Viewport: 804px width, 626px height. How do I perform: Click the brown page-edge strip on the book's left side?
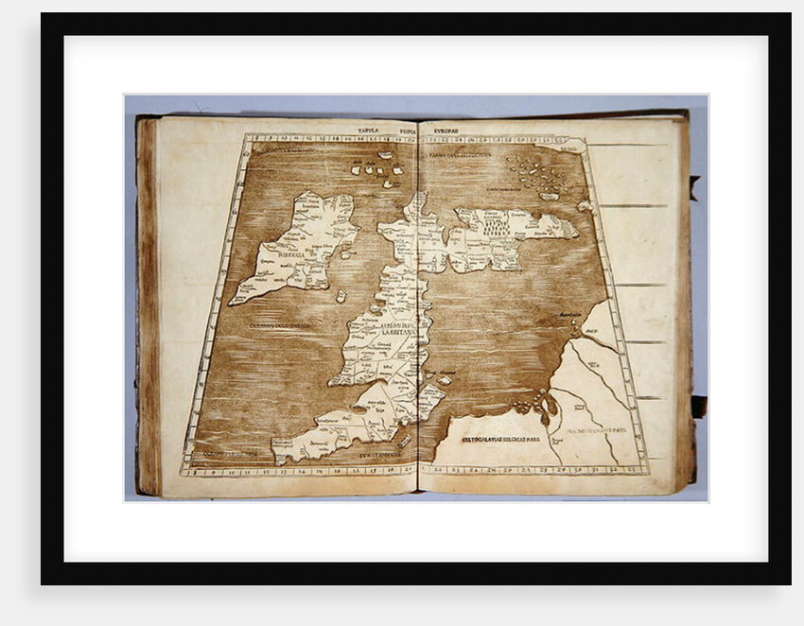(x=147, y=303)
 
